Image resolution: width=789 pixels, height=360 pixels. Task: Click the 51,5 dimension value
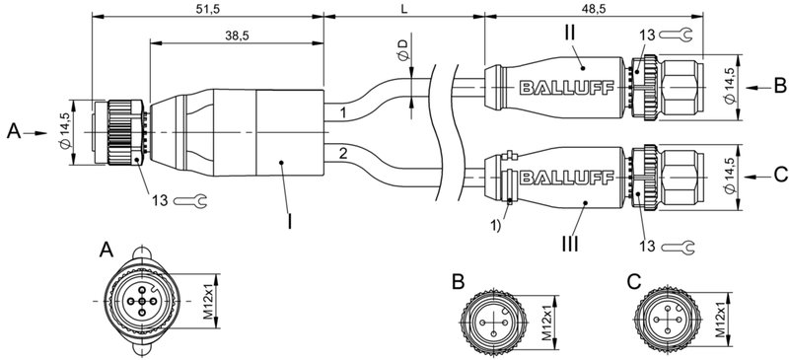point(208,8)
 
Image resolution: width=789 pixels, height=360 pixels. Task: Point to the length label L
point(404,8)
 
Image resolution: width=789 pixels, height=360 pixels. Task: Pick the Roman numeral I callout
point(290,220)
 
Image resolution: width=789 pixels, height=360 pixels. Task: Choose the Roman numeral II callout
point(570,32)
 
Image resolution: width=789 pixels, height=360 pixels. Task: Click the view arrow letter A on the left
point(13,130)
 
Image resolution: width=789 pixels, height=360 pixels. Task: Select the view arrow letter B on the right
point(778,87)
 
